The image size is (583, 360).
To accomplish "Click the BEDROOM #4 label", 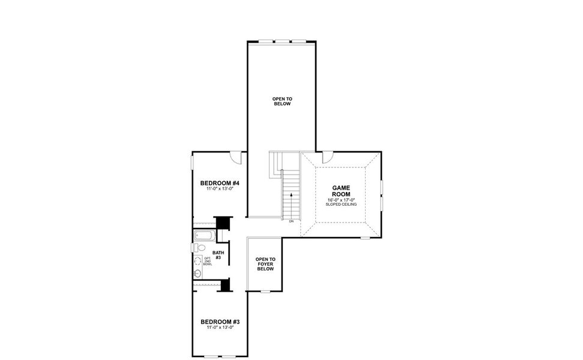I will (220, 183).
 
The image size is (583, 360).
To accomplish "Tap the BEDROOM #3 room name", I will (220, 322).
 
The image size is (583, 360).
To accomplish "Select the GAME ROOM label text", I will (340, 191).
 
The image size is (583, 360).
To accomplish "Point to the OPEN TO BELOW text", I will (282, 101).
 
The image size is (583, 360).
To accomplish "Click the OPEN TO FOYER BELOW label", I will (265, 264).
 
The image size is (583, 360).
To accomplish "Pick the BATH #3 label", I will (218, 255).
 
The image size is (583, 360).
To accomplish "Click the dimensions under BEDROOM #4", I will (220, 189).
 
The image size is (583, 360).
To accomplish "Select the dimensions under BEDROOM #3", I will (220, 328).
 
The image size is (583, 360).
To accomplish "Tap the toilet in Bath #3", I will (199, 248).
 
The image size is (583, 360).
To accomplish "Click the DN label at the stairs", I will (291, 221).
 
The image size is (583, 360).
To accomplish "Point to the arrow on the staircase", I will (291, 195).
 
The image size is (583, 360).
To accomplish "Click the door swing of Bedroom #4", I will (235, 157).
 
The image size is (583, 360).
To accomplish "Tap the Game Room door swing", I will (327, 157).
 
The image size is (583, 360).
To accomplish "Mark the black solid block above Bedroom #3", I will (226, 285).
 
